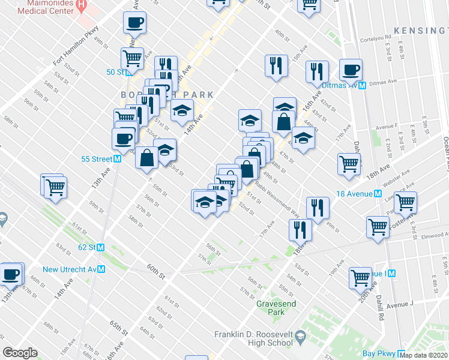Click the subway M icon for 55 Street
(118, 159)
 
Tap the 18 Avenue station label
(354, 193)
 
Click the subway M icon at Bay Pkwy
(402, 354)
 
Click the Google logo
(20, 352)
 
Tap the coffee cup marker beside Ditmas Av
(350, 70)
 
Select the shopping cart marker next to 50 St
(132, 59)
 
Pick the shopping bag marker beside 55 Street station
(146, 158)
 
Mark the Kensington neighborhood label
(420, 29)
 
